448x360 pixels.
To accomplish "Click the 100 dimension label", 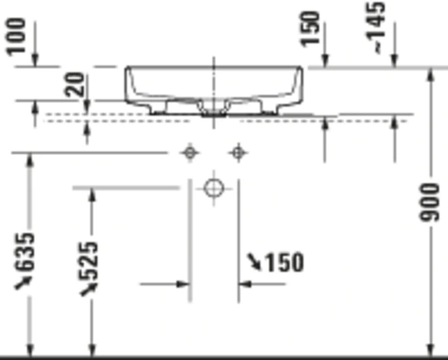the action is pos(16,37).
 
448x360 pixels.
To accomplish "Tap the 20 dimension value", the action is pos(75,84).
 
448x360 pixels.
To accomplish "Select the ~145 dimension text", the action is pos(375,28).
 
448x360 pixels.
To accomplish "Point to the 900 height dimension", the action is pos(429,202).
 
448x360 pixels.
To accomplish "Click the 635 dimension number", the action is pos(24,253).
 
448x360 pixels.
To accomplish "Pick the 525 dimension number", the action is pos(88,261).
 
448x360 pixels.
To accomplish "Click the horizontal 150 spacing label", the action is pos(284,262).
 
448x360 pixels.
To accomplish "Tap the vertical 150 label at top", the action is pos(310,29).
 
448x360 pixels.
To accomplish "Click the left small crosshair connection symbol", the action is pos(190,153).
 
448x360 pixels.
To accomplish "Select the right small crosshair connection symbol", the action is pos(238,153).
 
